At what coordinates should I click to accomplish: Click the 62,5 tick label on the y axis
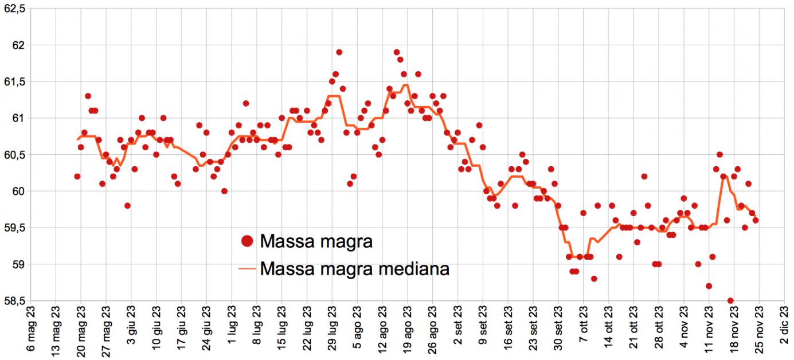14,9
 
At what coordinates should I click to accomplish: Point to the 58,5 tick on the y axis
14,301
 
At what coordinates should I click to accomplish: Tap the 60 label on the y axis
21,191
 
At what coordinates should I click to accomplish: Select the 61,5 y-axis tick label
14,82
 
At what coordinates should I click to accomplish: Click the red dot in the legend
247,242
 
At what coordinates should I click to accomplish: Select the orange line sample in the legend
247,268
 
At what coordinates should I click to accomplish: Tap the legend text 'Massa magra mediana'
354,268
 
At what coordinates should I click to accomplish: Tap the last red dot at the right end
756,220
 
